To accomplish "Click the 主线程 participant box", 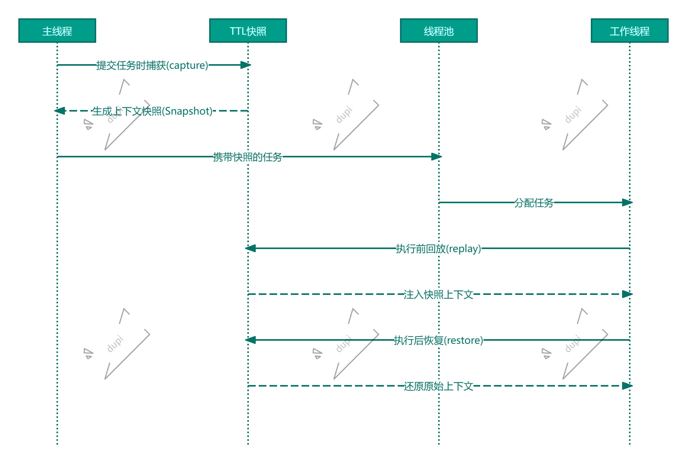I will (x=57, y=31).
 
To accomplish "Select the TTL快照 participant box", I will (x=248, y=31).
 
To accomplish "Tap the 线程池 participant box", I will (x=439, y=31).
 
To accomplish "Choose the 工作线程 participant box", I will (x=630, y=31).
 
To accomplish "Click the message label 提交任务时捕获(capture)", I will (x=152, y=65).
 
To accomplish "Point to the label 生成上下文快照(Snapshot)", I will (x=152, y=111).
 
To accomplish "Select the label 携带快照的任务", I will (x=248, y=157).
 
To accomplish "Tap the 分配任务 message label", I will (x=534, y=203).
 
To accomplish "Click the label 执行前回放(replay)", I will (x=439, y=249).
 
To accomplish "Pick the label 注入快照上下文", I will (x=439, y=294).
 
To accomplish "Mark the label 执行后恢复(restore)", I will (x=439, y=340).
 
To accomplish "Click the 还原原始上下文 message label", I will (x=439, y=386).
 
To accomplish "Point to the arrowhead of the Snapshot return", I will (x=60, y=111).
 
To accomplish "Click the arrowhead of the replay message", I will (x=250, y=248).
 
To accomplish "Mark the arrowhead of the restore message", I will (x=250, y=340).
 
